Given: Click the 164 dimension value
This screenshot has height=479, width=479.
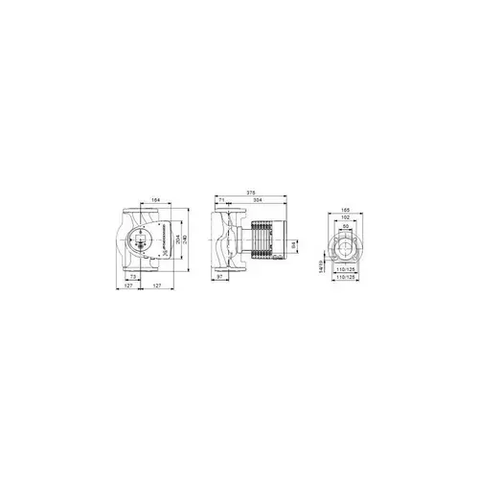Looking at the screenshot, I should (x=155, y=200).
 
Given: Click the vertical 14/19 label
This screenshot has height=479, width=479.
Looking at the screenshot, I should (x=320, y=271).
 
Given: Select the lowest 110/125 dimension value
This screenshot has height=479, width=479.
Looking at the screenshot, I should (x=342, y=289).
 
